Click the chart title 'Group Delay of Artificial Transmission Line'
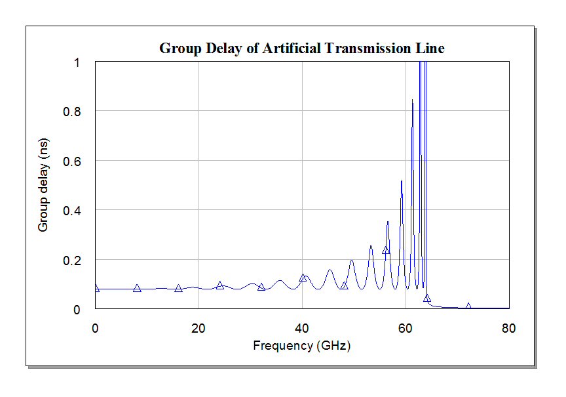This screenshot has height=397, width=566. pos(302,49)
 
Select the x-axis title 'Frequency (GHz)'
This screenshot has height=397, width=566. pos(302,345)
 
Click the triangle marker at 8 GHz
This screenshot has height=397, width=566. pos(137,288)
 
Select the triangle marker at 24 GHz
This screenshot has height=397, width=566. pos(220,285)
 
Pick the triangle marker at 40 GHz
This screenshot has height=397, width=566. pos(303,278)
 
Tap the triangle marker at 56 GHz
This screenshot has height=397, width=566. pos(386,250)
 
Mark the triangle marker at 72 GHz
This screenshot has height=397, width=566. pos(468,306)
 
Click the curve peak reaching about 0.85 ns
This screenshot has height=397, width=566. pos(412,100)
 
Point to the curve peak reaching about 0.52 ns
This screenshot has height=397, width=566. pos(402,180)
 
